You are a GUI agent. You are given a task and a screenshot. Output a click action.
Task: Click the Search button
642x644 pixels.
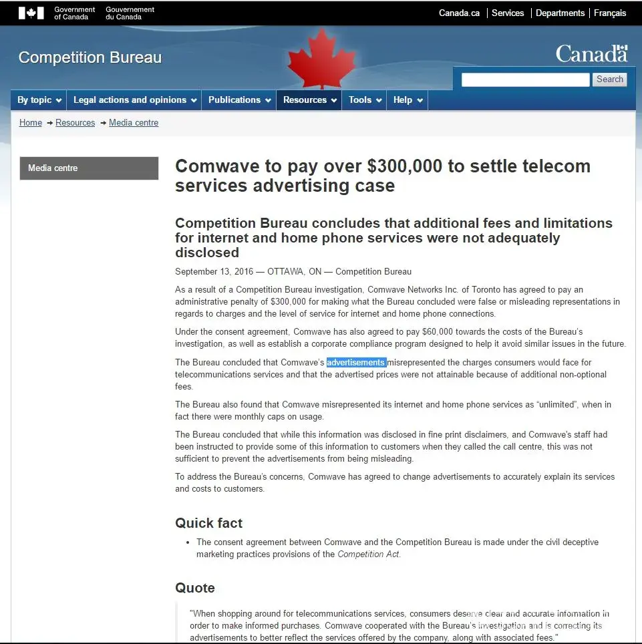(609, 79)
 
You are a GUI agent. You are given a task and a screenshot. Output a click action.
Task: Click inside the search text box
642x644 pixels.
(525, 79)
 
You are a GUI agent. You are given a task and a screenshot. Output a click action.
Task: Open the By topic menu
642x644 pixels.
(39, 100)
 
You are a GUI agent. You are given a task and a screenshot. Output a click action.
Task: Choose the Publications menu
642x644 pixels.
(239, 100)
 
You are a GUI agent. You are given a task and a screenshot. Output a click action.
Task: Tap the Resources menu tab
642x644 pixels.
(309, 100)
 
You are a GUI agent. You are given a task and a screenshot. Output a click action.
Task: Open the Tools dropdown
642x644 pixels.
(365, 100)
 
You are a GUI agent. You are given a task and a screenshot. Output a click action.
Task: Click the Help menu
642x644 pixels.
(408, 100)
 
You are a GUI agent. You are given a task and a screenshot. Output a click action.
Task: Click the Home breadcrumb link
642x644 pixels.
(31, 123)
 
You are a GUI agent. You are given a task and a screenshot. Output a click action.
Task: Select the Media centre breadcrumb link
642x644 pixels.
(134, 123)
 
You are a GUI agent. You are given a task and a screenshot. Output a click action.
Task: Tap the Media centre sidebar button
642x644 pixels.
(89, 168)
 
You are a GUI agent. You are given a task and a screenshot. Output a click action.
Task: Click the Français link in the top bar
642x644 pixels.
(609, 13)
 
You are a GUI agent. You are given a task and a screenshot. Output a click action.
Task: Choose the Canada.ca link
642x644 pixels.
(459, 13)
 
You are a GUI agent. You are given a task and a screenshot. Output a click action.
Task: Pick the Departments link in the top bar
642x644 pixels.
(560, 13)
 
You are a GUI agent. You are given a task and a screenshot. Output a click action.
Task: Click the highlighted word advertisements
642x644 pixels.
(356, 363)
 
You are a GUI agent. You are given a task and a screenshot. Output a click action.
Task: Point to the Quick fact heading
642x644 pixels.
(208, 523)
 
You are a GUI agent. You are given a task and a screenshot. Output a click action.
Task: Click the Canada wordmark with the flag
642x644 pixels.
(591, 53)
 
